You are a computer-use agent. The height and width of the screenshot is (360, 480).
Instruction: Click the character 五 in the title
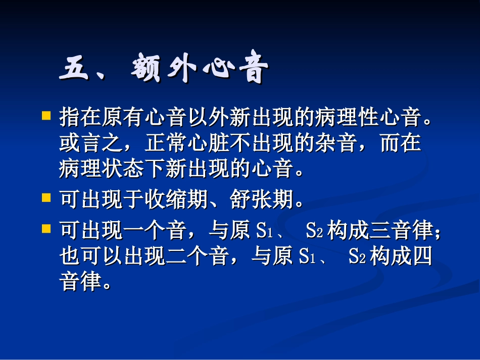(76, 69)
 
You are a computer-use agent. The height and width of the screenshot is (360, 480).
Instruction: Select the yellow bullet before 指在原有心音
(46, 116)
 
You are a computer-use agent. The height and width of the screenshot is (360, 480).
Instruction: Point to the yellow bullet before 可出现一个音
(46, 228)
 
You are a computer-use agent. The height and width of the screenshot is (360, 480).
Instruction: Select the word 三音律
(402, 231)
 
